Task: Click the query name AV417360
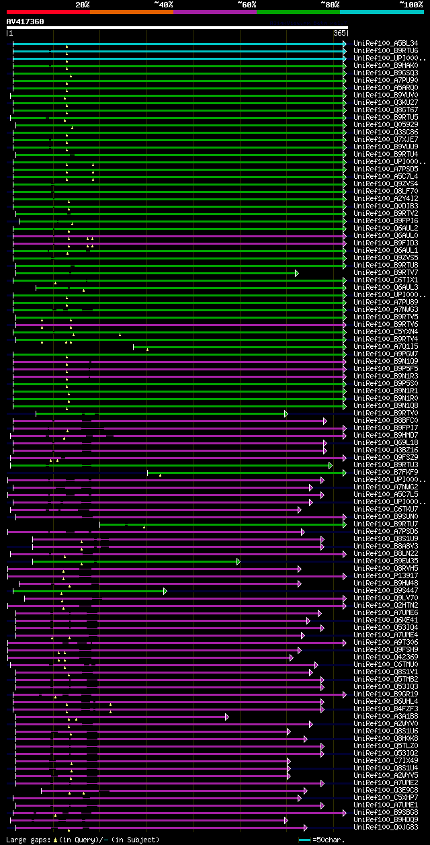[25, 22]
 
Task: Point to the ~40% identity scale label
[163, 4]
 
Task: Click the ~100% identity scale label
[411, 4]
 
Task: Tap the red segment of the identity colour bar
[48, 11]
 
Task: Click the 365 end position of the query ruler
[339, 32]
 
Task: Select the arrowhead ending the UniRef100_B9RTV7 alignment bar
[296, 272]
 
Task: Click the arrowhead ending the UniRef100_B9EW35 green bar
[238, 561]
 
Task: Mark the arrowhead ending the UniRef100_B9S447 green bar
[165, 590]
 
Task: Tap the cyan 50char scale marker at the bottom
[304, 840]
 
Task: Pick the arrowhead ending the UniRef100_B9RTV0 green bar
[286, 413]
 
